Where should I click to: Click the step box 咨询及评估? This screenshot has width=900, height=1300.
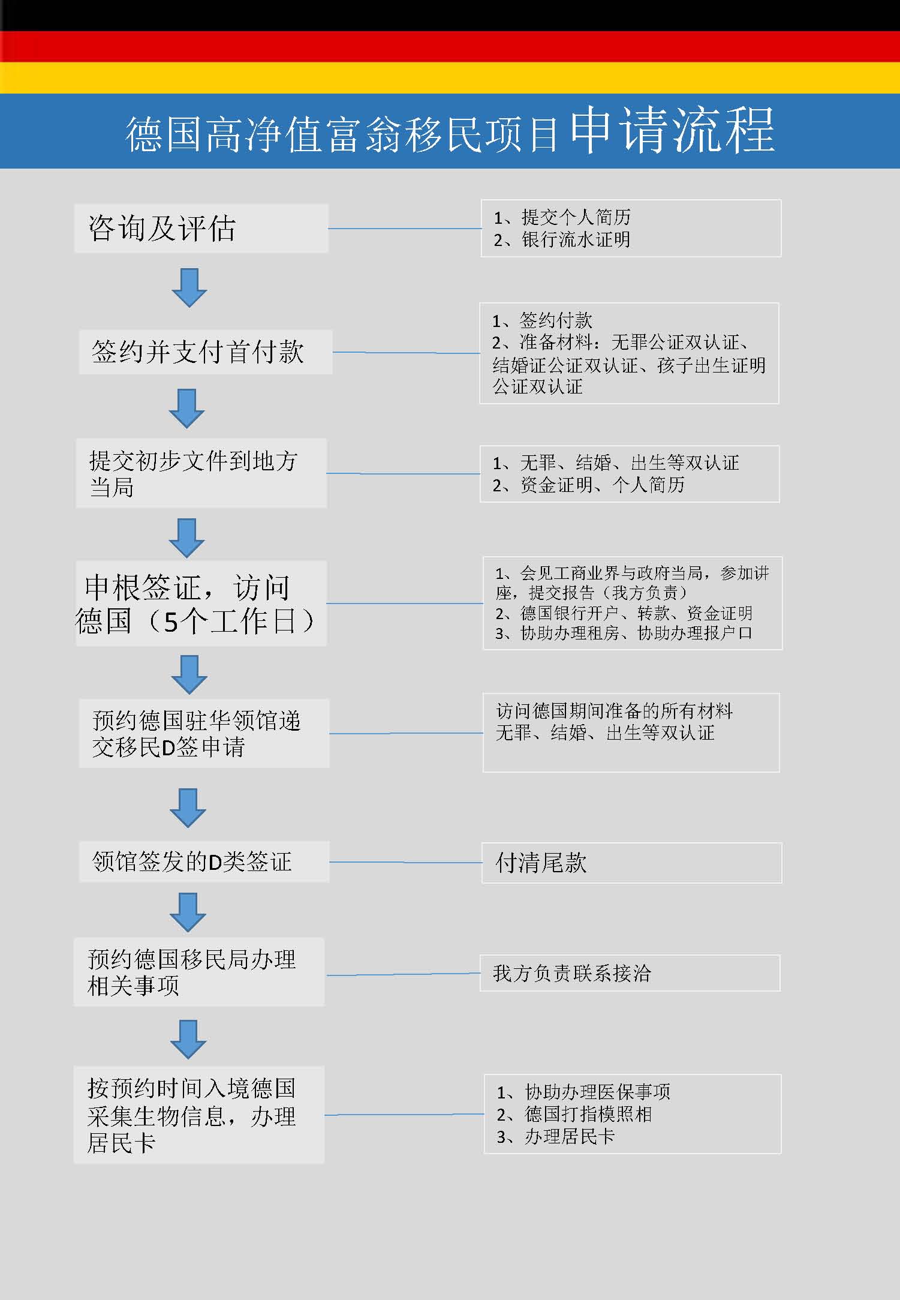[201, 228]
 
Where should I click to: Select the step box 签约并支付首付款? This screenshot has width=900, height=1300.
[206, 352]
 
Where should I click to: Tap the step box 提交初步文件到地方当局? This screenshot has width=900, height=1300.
[201, 473]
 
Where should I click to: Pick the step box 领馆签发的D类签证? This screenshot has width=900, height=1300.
[204, 861]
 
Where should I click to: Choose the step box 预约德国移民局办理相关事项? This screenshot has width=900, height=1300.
[199, 972]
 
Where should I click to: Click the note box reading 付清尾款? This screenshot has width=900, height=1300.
[631, 863]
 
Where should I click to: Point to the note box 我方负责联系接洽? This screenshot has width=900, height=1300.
[630, 973]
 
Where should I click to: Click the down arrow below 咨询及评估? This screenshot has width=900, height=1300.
[189, 288]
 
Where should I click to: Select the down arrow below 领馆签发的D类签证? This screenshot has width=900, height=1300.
[188, 912]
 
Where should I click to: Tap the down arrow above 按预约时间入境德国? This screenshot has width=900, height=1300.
[188, 1039]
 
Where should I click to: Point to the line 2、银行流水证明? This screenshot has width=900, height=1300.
[562, 240]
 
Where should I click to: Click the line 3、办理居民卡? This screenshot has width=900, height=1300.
[556, 1136]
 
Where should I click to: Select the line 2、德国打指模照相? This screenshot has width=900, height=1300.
[574, 1114]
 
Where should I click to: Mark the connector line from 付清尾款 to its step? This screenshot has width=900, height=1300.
[405, 862]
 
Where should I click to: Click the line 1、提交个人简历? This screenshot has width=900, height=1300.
[562, 217]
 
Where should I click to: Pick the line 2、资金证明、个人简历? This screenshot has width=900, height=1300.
[588, 485]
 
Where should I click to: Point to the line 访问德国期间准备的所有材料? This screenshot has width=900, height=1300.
[614, 711]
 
